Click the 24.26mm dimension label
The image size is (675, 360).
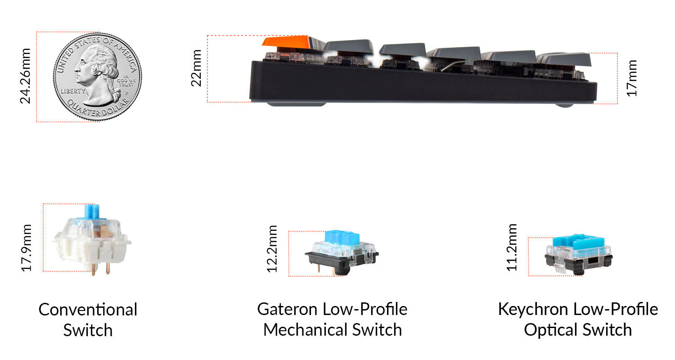pyautogui.click(x=25, y=76)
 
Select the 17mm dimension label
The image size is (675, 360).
pyautogui.click(x=632, y=77)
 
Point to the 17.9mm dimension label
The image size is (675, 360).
pyautogui.click(x=27, y=248)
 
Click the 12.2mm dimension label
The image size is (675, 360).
pyautogui.click(x=272, y=248)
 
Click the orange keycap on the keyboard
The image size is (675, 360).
pyautogui.click(x=286, y=42)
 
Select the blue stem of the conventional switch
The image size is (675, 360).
pyautogui.click(x=92, y=211)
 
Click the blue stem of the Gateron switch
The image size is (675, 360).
pyautogui.click(x=341, y=237)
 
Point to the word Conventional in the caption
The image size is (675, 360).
pyautogui.click(x=88, y=310)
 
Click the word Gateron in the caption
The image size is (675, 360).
pyautogui.click(x=288, y=310)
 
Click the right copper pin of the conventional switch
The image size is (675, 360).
pyautogui.click(x=108, y=269)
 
